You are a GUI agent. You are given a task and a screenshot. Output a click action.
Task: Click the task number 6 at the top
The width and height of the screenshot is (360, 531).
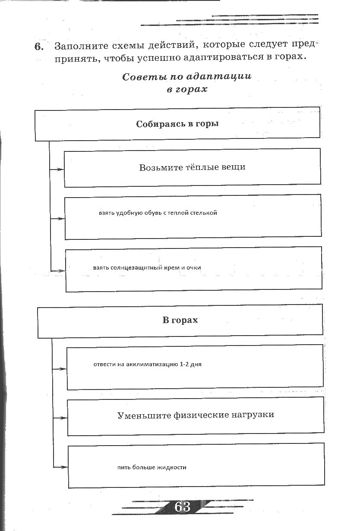pos(39,47)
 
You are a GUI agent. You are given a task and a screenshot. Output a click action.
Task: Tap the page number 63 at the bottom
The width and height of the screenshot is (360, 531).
pos(183,506)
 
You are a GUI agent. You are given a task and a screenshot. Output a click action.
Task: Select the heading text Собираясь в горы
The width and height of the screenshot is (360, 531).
pos(177,124)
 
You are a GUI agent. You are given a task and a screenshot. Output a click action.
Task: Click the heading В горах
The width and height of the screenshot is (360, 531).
pos(180,320)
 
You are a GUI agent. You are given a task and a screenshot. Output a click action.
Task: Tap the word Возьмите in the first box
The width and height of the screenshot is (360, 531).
pos(158,167)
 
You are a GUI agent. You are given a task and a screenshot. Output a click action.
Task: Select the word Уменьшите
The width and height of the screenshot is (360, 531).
pos(144,415)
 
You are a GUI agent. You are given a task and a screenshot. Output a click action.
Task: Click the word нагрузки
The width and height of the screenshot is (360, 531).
pos(255,415)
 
